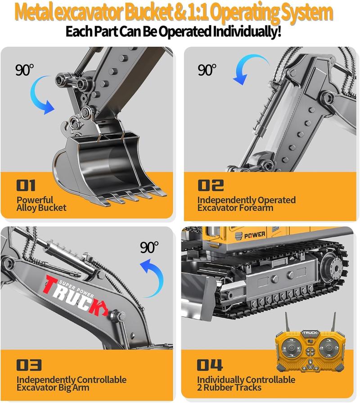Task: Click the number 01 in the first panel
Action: pos(26,185)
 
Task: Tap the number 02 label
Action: pos(211,185)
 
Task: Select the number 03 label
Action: pos(29,365)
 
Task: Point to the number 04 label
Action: pos(210,365)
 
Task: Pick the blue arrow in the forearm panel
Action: pos(249,68)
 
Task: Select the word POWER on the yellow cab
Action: pos(255,235)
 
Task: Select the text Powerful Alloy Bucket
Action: pos(41,204)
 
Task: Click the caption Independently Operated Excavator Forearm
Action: pos(246,204)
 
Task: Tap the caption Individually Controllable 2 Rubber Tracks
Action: pos(246,384)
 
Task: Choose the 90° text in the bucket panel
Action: pos(25,70)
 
